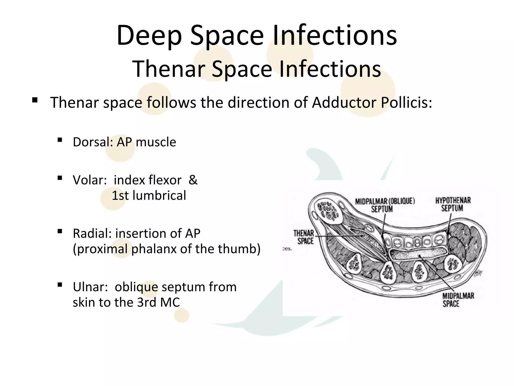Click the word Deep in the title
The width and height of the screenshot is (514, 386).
click(x=149, y=36)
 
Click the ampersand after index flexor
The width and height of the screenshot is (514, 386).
click(x=193, y=180)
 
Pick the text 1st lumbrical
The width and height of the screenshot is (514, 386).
click(x=149, y=196)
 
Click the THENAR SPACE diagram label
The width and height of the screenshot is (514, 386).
click(x=304, y=237)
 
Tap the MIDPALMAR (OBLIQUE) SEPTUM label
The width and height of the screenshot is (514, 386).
click(x=384, y=205)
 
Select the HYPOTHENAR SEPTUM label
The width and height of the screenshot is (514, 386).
click(x=453, y=204)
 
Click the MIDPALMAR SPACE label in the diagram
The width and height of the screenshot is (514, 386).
click(x=458, y=300)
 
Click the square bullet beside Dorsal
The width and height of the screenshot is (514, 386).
click(x=60, y=140)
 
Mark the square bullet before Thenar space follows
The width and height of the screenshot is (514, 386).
click(x=35, y=101)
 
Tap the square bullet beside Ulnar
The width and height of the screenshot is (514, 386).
click(x=60, y=285)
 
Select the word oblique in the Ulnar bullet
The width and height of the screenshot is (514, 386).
click(x=137, y=287)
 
